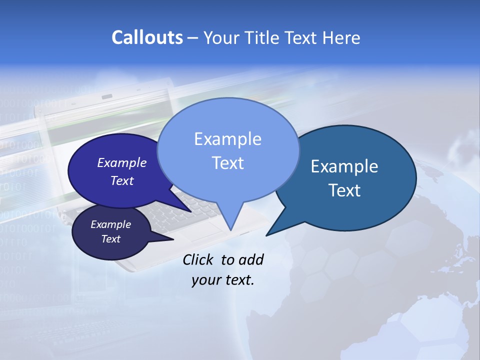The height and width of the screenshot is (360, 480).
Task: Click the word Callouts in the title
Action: [147, 37]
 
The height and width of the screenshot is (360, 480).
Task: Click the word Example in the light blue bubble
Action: [227, 139]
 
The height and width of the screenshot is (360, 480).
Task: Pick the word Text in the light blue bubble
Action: [227, 163]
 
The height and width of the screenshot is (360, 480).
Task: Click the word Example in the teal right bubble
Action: [344, 166]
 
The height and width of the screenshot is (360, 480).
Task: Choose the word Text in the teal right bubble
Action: [344, 190]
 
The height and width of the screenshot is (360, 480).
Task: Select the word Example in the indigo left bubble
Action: [122, 162]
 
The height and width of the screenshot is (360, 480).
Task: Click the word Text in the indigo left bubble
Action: [122, 180]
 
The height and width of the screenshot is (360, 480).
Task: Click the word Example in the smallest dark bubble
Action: [111, 224]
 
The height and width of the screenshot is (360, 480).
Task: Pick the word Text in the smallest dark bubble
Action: [111, 239]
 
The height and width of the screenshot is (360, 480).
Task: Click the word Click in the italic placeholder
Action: [198, 259]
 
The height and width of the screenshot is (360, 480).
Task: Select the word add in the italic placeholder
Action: [250, 259]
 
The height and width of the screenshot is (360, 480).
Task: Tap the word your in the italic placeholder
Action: [205, 280]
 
